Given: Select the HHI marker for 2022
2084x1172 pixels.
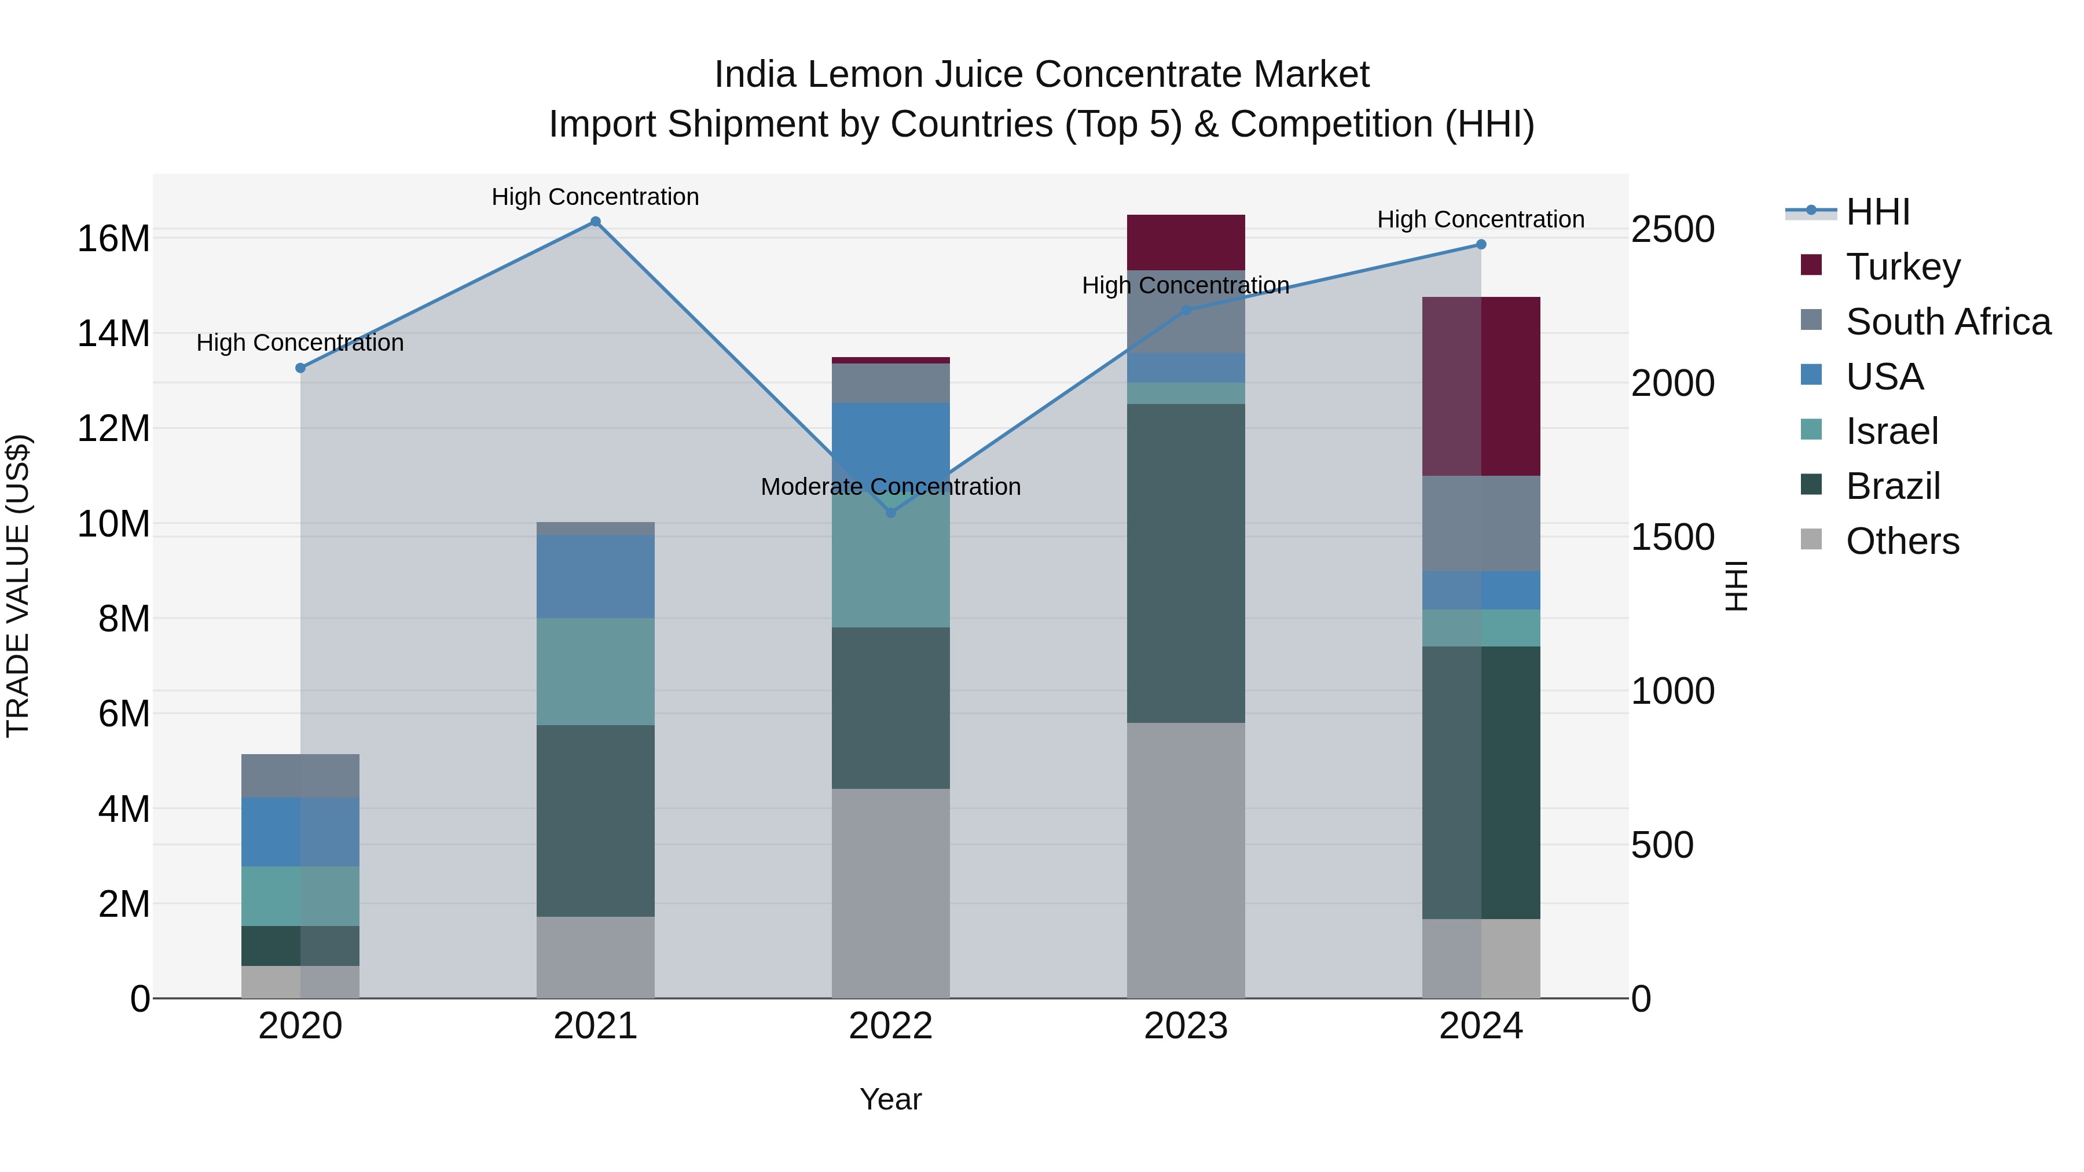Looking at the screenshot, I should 891,513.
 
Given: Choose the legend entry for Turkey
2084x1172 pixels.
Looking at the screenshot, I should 1903,266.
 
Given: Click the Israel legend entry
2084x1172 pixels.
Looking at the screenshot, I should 1891,431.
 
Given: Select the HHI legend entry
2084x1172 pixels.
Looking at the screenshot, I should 1877,212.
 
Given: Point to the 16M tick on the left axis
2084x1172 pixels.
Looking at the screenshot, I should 113,238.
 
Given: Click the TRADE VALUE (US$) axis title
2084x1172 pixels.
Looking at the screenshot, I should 18,586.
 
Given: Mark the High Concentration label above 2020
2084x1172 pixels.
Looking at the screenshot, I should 299,343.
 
